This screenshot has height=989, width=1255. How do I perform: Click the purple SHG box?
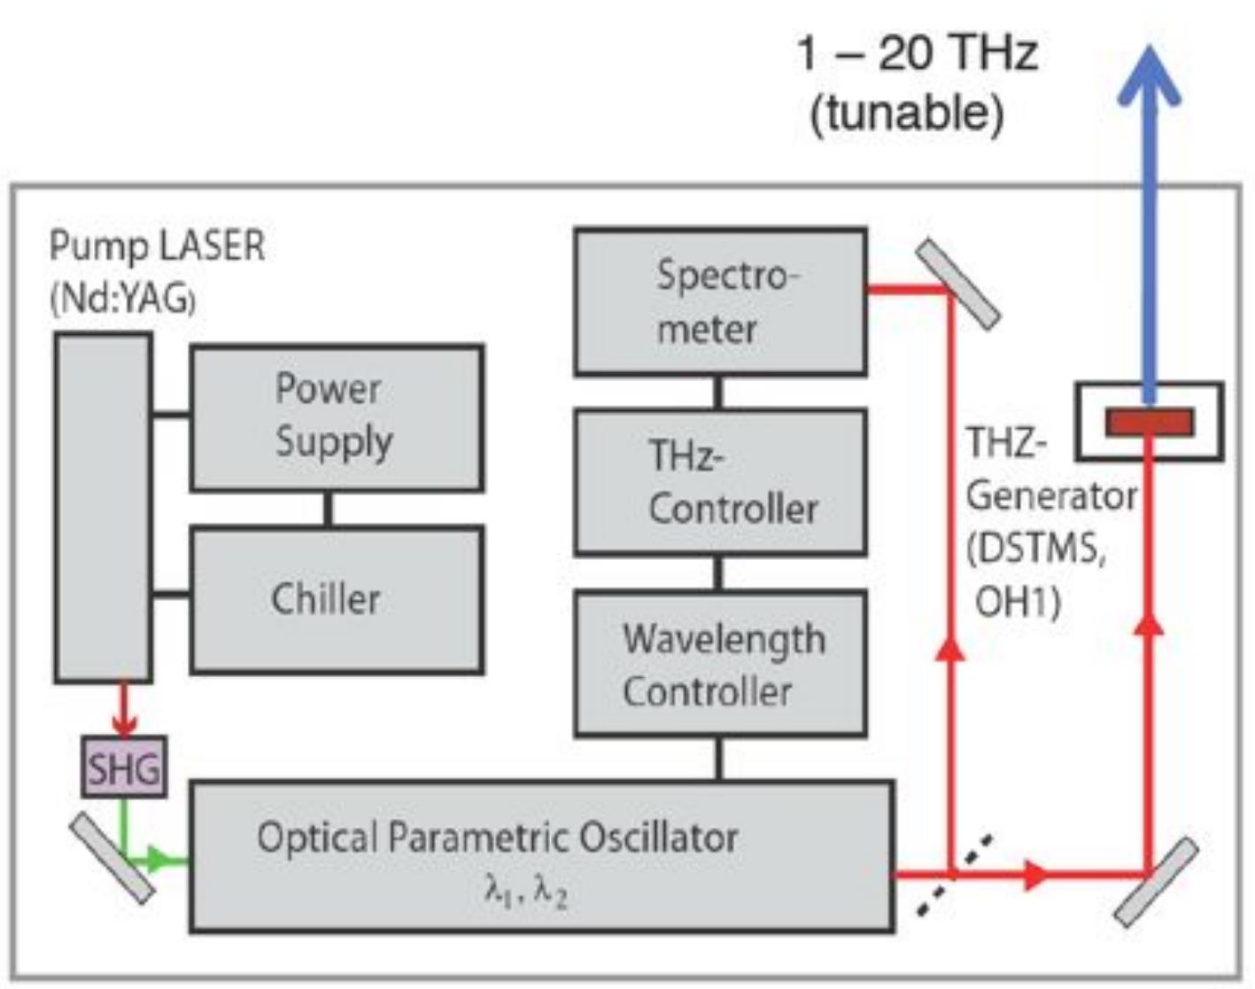(x=124, y=767)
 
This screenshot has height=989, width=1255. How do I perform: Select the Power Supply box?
(x=337, y=418)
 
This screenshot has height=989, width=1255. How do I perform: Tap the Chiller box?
(x=337, y=600)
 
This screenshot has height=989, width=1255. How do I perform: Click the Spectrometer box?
(x=720, y=301)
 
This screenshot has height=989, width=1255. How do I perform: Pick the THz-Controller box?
(x=720, y=482)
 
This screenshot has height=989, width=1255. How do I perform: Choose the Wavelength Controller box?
(x=720, y=664)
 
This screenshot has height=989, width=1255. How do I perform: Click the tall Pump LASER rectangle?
(x=104, y=508)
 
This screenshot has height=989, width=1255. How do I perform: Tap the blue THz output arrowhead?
(x=1149, y=76)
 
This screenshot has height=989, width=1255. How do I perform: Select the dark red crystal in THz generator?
(x=1150, y=422)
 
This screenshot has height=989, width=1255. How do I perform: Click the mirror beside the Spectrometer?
(x=958, y=284)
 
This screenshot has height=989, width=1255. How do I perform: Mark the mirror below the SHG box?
(x=112, y=858)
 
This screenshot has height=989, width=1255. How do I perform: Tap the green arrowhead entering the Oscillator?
(x=159, y=860)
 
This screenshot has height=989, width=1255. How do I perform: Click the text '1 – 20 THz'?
(x=918, y=54)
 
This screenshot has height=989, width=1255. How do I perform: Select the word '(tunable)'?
(x=908, y=113)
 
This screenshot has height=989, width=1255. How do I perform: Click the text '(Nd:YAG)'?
(x=123, y=300)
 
